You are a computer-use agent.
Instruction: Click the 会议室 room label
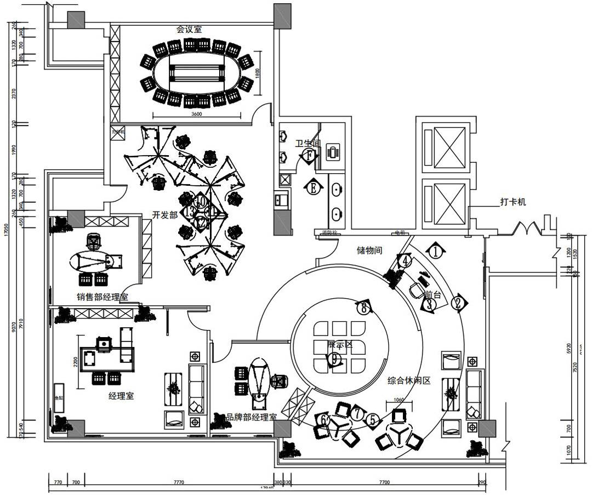click(189, 29)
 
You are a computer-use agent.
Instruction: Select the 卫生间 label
click(307, 144)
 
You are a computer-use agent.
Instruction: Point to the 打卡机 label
click(513, 202)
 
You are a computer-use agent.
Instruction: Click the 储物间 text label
click(369, 251)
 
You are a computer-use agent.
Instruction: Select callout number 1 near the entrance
click(435, 252)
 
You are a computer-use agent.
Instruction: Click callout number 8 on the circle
click(363, 308)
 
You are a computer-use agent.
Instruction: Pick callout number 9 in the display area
click(333, 359)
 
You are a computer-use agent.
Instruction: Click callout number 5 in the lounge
click(373, 420)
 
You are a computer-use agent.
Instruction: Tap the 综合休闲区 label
click(408, 380)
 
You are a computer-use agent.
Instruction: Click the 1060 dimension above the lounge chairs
click(399, 400)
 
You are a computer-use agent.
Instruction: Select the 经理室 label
click(121, 396)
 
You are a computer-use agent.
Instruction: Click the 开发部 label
click(165, 215)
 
